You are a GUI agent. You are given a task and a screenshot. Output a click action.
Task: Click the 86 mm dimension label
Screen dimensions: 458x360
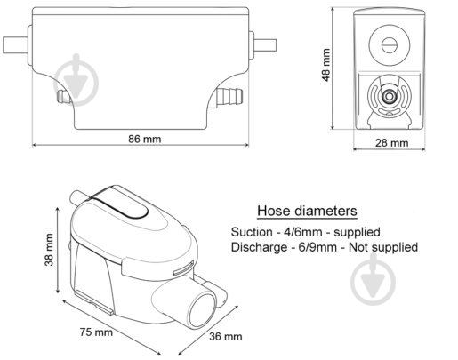click(145, 139)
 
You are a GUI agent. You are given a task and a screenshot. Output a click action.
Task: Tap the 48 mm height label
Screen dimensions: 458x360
click(325, 65)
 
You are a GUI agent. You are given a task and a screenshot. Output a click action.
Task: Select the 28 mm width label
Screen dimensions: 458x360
click(391, 143)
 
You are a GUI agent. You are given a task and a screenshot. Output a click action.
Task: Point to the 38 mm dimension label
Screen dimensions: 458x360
click(49, 250)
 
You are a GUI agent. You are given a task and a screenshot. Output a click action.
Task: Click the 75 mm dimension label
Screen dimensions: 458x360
click(96, 332)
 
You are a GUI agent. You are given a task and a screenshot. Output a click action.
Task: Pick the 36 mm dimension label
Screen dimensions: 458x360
click(226, 337)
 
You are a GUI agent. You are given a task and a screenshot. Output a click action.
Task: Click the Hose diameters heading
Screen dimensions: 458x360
click(307, 211)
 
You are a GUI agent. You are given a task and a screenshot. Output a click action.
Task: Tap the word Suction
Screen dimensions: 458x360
click(252, 232)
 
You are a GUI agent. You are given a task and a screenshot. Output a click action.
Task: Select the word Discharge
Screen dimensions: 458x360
click(259, 247)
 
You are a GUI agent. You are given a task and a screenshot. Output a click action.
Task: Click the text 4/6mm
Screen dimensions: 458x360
click(303, 232)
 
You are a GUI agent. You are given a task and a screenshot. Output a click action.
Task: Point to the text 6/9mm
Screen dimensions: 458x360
click(317, 247)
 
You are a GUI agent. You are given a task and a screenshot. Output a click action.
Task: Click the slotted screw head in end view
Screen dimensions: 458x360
click(389, 45)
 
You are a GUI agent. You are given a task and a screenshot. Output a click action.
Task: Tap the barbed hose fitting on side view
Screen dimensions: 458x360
click(229, 96)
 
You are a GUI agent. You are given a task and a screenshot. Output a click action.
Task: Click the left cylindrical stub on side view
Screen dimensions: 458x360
click(15, 45)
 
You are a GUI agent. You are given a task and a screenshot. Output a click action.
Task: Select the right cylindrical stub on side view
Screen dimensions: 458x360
click(265, 44)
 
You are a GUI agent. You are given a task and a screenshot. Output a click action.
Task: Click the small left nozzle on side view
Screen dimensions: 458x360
click(63, 96)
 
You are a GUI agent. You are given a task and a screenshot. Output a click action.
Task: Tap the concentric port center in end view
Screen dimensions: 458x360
click(389, 97)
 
